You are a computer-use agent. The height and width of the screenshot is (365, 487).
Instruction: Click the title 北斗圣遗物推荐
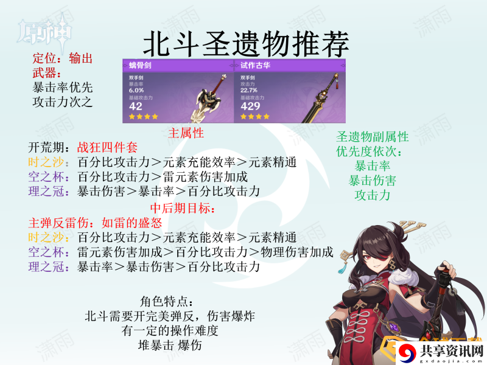tap(246, 43)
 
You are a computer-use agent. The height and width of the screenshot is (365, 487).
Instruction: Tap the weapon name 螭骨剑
tap(140, 65)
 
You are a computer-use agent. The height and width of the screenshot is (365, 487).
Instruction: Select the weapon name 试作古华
tap(255, 65)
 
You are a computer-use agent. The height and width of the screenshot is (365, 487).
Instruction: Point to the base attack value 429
tap(250, 106)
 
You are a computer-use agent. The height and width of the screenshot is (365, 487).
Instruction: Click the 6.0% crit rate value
tap(136, 90)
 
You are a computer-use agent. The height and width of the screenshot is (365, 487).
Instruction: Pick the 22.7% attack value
tap(249, 90)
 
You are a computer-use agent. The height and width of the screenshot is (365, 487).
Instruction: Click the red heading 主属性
tap(186, 133)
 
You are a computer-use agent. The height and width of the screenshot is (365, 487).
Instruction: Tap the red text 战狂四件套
tap(107, 147)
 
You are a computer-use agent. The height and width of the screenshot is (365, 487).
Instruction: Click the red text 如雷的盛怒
tap(132, 223)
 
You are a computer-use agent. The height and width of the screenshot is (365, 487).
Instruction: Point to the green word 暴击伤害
tap(373, 181)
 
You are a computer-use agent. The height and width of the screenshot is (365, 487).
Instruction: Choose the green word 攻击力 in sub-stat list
tap(373, 195)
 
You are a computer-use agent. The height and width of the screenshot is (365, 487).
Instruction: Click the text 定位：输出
tap(63, 58)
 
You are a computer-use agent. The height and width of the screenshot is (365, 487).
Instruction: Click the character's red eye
tap(370, 257)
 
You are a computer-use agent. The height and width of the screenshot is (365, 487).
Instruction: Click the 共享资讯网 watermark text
tap(452, 351)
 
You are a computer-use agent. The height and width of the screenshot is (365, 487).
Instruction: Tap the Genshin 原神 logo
tap(45, 31)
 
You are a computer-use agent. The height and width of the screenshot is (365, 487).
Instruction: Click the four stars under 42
tap(144, 117)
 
